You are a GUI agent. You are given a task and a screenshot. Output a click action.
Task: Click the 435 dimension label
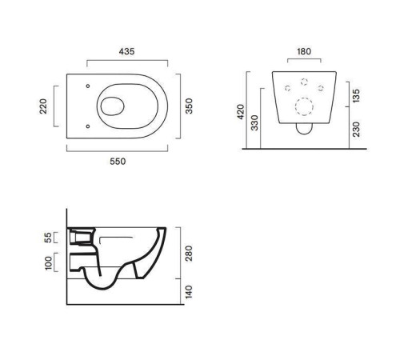click(x=126, y=51)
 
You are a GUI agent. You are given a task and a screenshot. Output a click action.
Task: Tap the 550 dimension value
click(x=118, y=162)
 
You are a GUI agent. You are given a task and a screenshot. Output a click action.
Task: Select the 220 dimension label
click(x=43, y=106)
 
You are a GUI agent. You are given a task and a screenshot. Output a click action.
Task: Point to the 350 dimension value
click(x=189, y=106)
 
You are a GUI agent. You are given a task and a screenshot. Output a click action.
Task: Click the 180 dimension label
click(x=304, y=51)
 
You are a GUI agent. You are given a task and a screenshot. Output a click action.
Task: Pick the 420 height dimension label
click(x=241, y=112)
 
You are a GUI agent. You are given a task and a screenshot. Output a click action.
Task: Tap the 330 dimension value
click(x=255, y=122)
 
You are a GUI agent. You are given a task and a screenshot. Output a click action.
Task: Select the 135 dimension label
click(x=356, y=96)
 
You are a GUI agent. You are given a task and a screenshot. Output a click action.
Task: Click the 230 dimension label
click(x=356, y=130)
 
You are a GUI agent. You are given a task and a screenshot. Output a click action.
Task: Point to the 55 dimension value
click(x=47, y=238)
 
